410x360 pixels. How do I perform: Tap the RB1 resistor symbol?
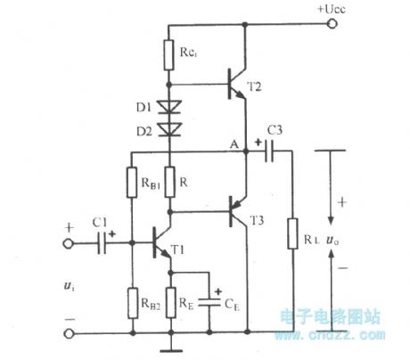point(130,186)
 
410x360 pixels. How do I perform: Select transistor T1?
point(160,241)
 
